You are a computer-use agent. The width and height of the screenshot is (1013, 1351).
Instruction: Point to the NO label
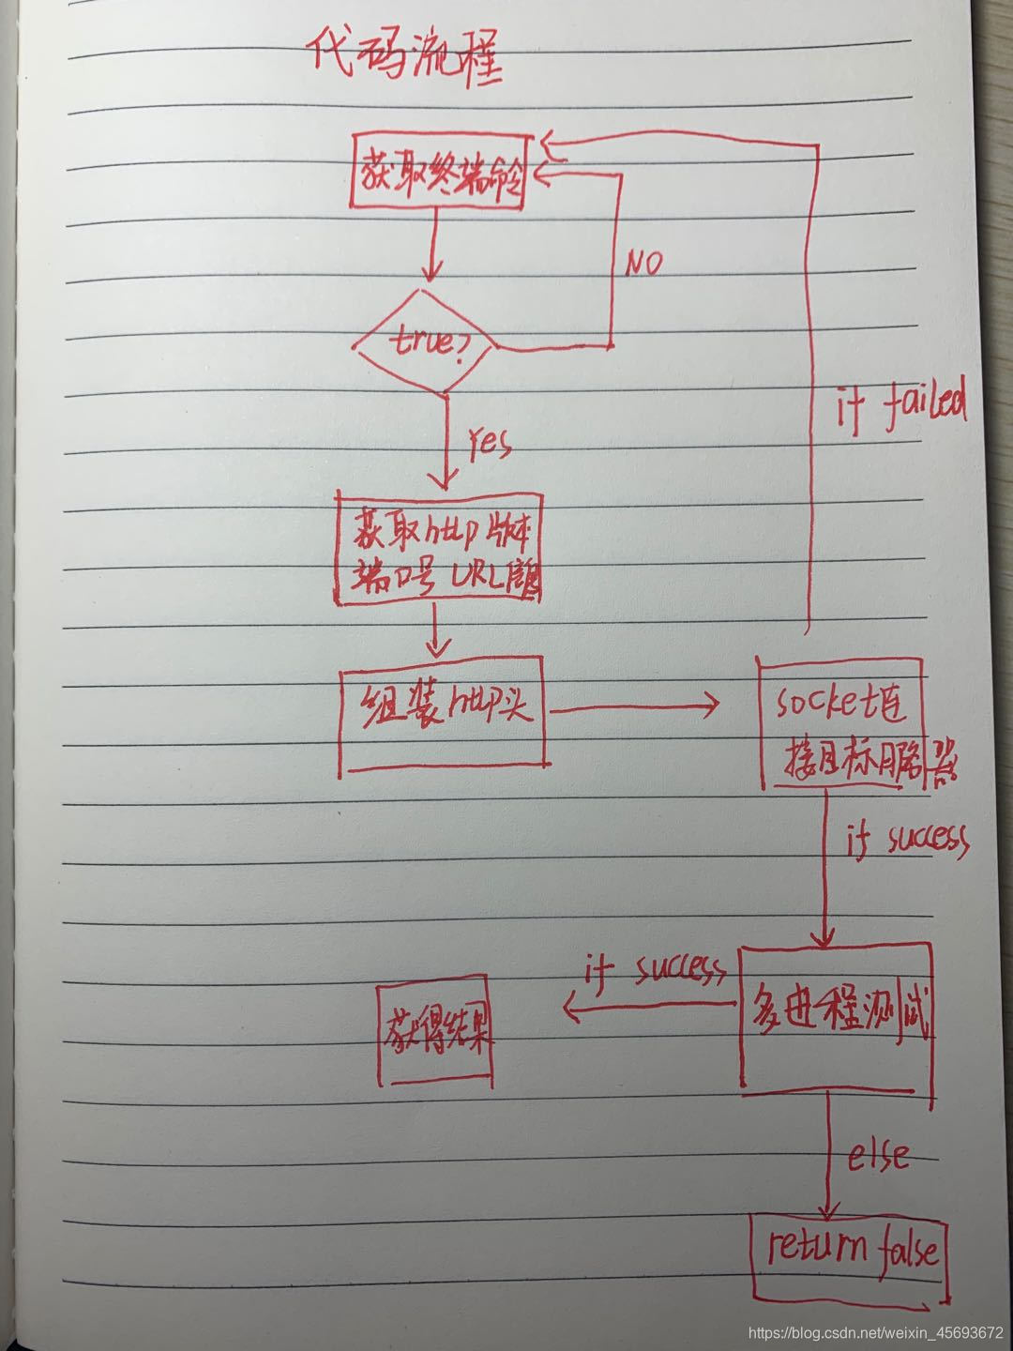pyautogui.click(x=643, y=265)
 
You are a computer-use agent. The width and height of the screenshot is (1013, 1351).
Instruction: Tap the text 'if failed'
pyautogui.click(x=900, y=411)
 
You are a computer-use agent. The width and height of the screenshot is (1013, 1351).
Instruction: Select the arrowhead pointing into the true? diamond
pyautogui.click(x=431, y=276)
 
